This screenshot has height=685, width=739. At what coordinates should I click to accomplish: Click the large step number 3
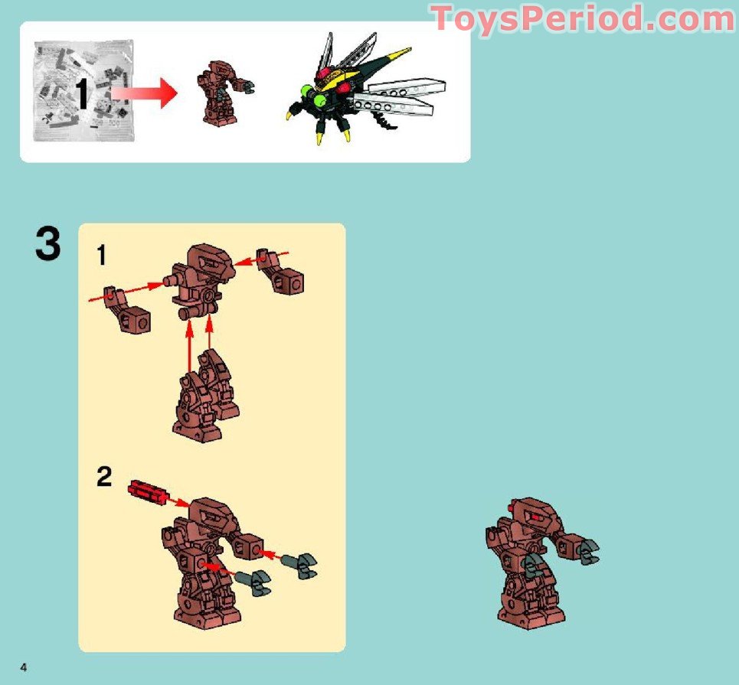47,244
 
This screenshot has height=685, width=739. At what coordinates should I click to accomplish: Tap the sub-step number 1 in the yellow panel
101,254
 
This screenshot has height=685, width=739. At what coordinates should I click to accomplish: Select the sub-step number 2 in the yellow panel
104,478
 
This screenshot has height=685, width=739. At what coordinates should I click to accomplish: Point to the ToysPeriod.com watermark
583,18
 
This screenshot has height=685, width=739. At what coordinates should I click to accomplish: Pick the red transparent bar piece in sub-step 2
147,491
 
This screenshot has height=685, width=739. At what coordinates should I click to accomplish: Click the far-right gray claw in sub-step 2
302,566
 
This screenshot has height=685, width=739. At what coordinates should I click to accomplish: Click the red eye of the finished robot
536,518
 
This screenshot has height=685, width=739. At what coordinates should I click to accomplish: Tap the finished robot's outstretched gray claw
586,551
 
